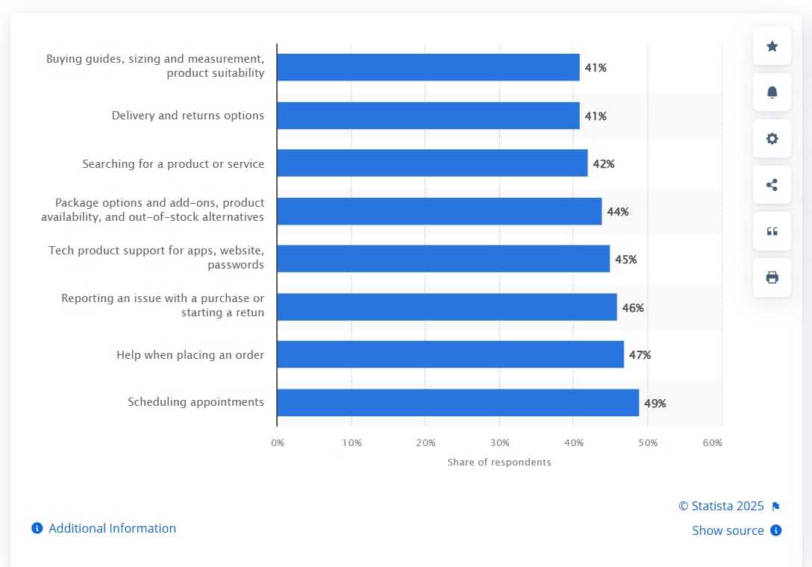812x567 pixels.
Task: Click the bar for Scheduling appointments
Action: coord(457,402)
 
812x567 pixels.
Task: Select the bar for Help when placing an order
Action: coord(450,354)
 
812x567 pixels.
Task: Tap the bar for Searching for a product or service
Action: coord(432,163)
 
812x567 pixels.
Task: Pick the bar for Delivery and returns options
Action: coord(428,116)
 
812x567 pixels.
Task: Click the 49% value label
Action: coord(655,403)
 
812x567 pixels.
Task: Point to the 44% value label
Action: coord(617,212)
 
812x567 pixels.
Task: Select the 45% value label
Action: coord(625,260)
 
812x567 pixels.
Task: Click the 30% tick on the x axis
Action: coord(499,442)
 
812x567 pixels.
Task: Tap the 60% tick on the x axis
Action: coord(712,442)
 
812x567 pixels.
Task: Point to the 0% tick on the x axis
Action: coord(278,442)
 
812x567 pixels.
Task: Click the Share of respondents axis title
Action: coord(499,462)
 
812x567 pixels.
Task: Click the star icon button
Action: coord(772,46)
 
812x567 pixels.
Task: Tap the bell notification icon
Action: coord(772,93)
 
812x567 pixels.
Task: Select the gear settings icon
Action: coord(772,139)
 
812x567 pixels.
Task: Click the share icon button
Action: coord(772,185)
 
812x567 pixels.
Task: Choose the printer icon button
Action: coord(772,278)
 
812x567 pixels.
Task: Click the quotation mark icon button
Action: coord(772,231)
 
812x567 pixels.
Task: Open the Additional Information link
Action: coord(112,528)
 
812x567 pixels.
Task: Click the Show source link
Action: coord(728,530)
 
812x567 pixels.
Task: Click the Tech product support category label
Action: coord(157,257)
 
